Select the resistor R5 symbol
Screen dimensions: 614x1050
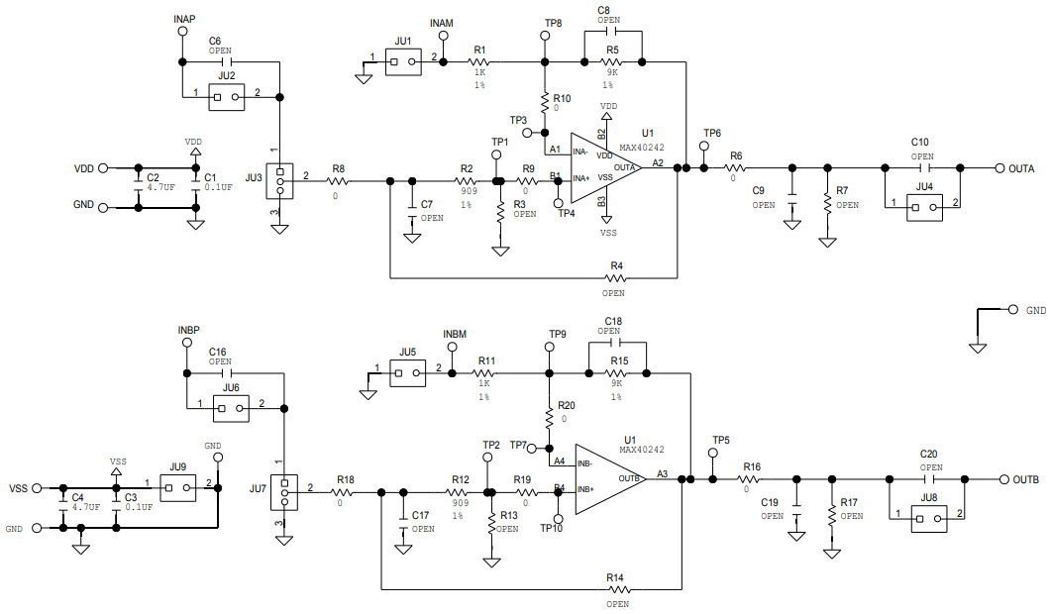[x=613, y=62]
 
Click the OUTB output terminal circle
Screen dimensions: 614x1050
[x=1002, y=479]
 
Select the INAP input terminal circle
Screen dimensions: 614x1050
[x=181, y=32]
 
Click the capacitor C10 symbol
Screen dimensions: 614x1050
[x=922, y=168]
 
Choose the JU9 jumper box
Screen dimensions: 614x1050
[x=178, y=487]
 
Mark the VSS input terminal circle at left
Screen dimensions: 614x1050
[x=38, y=488]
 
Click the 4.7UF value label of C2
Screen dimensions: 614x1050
[x=161, y=186]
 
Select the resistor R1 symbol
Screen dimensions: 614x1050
[x=480, y=62]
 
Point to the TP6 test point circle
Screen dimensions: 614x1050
[x=704, y=147]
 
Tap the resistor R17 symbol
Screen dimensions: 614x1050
[x=831, y=516]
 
